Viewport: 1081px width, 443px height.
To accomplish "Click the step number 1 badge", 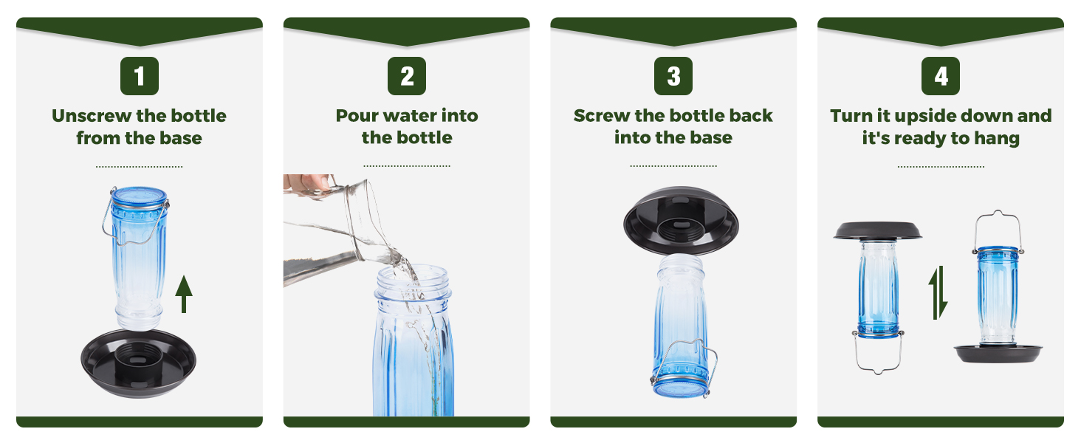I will coord(140,76).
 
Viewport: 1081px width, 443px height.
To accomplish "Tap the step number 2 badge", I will coord(407,76).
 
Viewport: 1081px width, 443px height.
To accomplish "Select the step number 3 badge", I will coord(673,76).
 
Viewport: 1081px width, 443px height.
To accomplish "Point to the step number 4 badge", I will coord(941,76).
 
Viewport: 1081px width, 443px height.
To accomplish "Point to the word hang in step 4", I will coord(997,138).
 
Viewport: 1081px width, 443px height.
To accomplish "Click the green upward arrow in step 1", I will coord(183,294).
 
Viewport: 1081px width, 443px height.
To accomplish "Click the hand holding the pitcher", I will coord(309,182).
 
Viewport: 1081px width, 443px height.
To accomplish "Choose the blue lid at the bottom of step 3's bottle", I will coord(680,388).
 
